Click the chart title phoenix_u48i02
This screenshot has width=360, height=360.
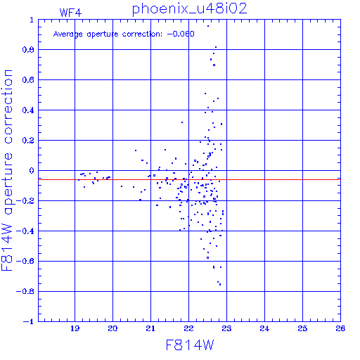point(189,9)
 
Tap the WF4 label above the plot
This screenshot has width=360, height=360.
point(70,13)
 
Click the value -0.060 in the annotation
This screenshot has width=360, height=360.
point(181,34)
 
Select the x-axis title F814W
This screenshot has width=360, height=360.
point(190,345)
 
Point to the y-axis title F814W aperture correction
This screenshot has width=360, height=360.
point(7,170)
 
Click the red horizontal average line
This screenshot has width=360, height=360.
point(189,179)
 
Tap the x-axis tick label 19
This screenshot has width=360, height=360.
point(75,328)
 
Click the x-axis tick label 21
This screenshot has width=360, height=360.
point(150,328)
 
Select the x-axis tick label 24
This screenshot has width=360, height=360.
point(264,328)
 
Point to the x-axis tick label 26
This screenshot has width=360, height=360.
point(340,328)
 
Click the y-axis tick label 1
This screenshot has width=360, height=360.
point(32,20)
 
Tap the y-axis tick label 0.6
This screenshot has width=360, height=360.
point(28,80)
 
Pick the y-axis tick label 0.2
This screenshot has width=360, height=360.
point(28,141)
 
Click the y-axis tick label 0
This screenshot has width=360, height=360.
point(32,171)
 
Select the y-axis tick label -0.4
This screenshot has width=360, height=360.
point(25,231)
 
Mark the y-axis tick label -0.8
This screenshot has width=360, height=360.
point(25,291)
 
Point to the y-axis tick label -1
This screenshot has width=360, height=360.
point(29,321)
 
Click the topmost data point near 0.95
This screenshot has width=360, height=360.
point(208,26)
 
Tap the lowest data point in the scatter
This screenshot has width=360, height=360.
point(220,285)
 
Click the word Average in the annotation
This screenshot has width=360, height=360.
point(68,34)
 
